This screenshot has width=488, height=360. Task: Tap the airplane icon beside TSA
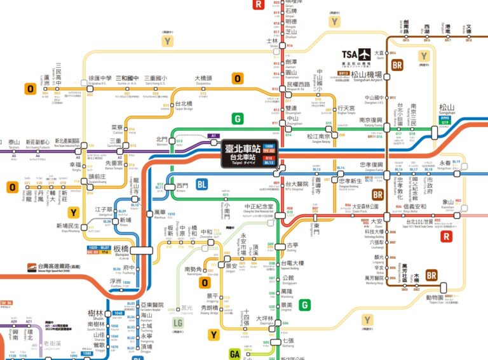coord(364,54)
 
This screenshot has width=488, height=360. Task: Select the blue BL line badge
coord(202,184)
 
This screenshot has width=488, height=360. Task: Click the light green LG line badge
coord(179,325)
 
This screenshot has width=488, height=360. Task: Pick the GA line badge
coord(234,353)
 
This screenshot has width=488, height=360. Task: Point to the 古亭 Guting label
coord(292,244)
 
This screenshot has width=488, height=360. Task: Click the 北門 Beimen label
coord(163,139)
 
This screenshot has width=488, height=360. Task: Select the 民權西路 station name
coord(300,84)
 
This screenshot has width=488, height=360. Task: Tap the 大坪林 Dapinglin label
coord(265,319)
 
